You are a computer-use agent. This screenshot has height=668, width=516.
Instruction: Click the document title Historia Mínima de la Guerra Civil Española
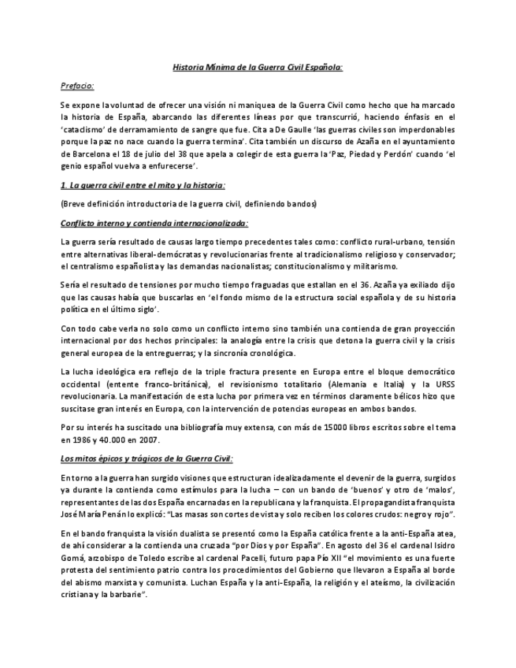(x=258, y=68)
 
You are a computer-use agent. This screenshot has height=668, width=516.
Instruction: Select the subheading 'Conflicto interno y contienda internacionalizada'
(x=154, y=222)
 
